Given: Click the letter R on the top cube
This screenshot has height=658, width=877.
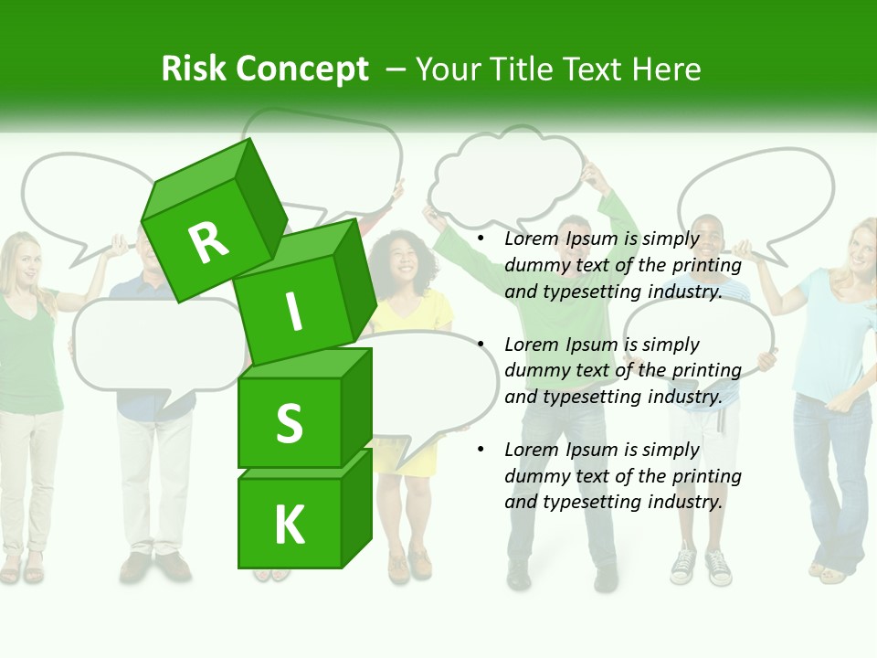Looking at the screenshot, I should (208, 241).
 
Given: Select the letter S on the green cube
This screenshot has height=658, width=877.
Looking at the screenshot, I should (289, 423).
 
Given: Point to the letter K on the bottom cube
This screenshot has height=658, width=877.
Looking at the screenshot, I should (289, 525).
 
